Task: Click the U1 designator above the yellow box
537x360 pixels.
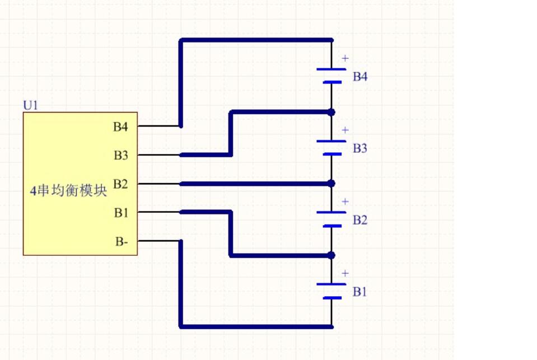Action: pos(30,105)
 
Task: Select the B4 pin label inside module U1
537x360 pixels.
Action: pos(120,127)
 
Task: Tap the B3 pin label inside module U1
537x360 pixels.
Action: pos(121,155)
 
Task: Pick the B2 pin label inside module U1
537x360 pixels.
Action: pos(120,184)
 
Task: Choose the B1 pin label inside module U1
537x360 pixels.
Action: pos(122,213)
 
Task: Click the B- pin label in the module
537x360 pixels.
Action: pos(122,241)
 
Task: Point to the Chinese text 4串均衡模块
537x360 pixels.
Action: pos(68,190)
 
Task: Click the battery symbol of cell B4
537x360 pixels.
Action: pos(331,76)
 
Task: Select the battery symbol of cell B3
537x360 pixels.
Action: pos(331,148)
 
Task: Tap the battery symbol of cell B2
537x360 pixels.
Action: pos(331,219)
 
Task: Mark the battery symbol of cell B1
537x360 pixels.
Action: pos(331,291)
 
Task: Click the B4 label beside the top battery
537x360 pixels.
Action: pos(360,76)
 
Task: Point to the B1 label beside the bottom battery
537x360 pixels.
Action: pos(359,292)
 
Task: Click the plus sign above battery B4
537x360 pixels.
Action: pos(345,58)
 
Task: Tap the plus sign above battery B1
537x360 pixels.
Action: pos(345,273)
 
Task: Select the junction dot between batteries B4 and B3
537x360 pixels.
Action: pos(331,112)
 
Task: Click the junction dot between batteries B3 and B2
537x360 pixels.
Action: pos(331,184)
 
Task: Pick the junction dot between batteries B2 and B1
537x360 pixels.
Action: pos(331,255)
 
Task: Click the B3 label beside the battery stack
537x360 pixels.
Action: pos(360,148)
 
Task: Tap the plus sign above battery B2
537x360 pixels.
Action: pos(345,202)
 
